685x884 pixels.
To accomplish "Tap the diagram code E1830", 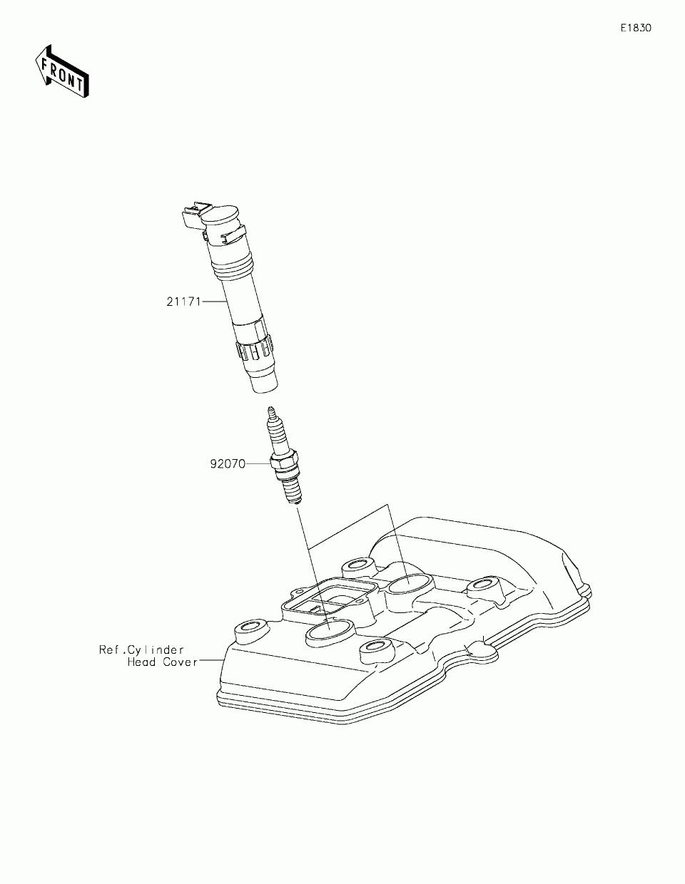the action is [635, 29].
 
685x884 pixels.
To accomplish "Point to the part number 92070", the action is [227, 463].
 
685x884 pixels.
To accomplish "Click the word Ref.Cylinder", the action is [141, 649].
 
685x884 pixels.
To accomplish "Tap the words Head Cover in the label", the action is [162, 662].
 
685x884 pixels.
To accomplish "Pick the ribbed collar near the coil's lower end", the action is [253, 349].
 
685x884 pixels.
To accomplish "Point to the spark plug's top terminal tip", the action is [270, 411].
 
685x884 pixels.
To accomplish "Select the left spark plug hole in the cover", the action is [328, 632].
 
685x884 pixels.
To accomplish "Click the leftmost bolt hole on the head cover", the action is [250, 629].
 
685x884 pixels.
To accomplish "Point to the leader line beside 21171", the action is [214, 302].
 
